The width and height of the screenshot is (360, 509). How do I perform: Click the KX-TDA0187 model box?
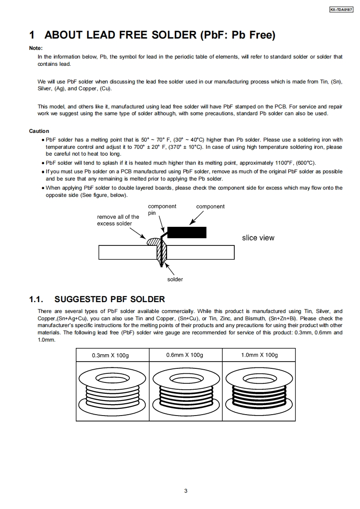coord(341,10)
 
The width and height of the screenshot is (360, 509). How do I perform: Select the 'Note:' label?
coord(36,48)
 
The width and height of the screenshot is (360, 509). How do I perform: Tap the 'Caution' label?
coord(39,131)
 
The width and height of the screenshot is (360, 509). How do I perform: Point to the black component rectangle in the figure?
coord(187,232)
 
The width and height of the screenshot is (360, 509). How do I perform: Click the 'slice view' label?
coord(258,238)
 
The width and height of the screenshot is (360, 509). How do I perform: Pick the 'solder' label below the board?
coord(175,279)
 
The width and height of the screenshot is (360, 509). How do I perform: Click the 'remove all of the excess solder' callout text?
coord(118,220)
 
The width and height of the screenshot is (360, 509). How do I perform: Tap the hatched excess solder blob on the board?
coord(153,241)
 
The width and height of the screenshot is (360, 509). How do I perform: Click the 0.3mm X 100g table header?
coord(110,355)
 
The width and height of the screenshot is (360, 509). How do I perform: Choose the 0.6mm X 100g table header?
coord(185,355)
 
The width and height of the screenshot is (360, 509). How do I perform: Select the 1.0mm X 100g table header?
coord(259,355)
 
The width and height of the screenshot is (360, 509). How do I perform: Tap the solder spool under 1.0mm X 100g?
coord(259,390)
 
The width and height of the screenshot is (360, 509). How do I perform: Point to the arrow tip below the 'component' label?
coord(190,224)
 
